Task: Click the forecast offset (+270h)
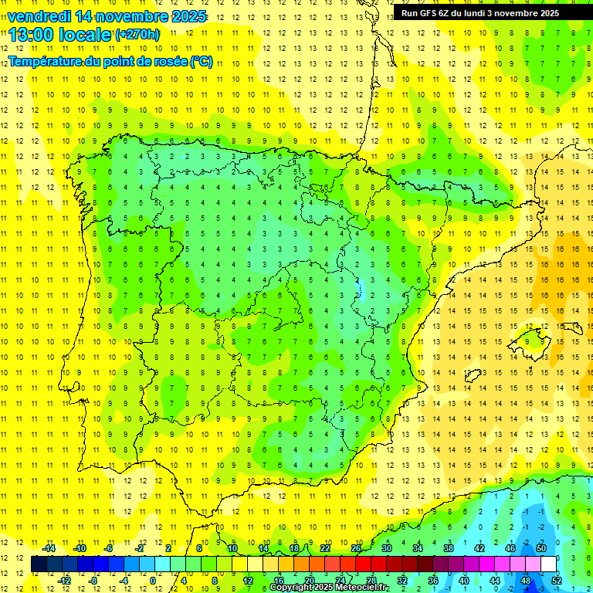(137, 34)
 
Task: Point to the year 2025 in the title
(187, 16)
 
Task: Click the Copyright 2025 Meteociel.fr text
(330, 588)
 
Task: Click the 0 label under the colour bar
(153, 580)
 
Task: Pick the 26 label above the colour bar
(356, 548)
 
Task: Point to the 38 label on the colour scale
(449, 548)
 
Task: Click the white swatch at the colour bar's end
(549, 564)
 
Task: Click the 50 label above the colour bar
(541, 548)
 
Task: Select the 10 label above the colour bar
(232, 548)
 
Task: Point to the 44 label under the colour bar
(496, 580)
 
